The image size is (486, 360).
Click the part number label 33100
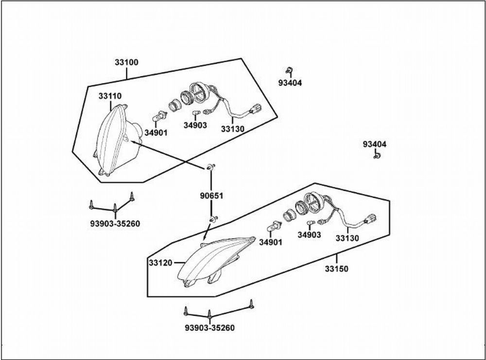coord(126,62)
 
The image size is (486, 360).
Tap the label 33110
coord(110,96)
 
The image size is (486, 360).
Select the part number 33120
coord(160,263)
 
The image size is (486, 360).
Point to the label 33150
coord(337,269)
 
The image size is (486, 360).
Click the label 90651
coord(211,196)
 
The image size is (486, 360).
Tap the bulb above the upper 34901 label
coord(160,117)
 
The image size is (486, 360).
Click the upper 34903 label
coord(195,126)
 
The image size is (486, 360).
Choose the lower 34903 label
coord(309,235)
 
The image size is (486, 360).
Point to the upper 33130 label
coord(232,129)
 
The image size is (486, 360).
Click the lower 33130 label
coord(347,238)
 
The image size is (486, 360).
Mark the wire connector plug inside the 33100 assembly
coord(255,108)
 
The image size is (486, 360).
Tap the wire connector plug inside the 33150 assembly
coord(370,218)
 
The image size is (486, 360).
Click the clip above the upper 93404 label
coord(290,70)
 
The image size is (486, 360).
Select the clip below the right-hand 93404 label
coord(377,155)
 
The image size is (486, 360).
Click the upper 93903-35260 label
coord(115,223)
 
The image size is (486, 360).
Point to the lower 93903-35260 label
coord(209,328)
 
